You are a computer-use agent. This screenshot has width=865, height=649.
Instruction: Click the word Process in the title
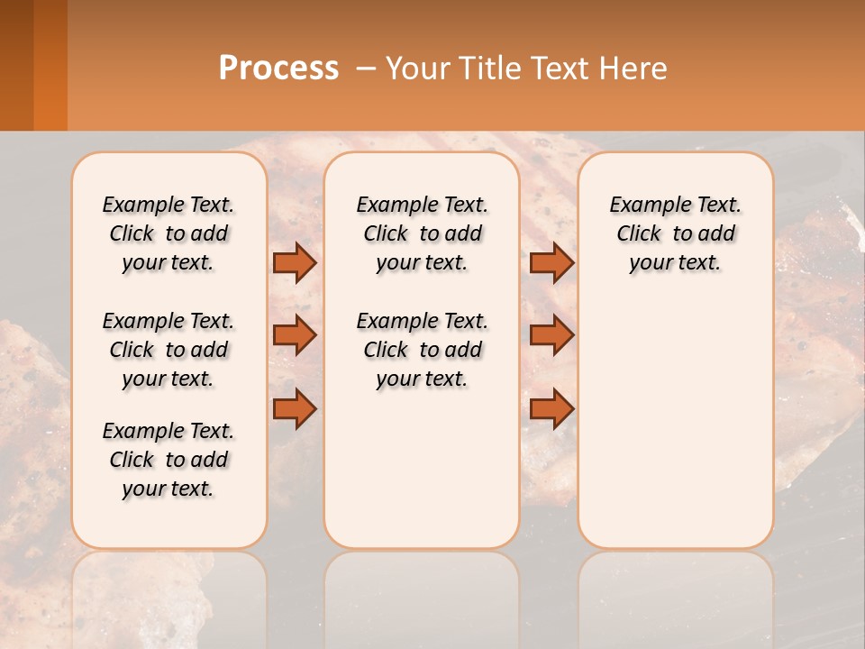point(278,69)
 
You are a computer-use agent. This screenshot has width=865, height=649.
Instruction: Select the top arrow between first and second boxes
point(295,262)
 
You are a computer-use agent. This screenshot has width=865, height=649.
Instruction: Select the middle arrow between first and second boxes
point(295,335)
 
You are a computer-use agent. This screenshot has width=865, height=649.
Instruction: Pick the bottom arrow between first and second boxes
point(295,408)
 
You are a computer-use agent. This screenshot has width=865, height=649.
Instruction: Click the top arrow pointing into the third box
point(551,262)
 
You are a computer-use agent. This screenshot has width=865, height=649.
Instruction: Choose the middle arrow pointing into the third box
point(551,335)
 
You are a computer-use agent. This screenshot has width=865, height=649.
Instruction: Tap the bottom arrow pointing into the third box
point(551,408)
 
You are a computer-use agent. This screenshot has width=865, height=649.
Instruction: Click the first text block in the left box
point(168,233)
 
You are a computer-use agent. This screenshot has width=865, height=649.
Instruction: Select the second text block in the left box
point(168,350)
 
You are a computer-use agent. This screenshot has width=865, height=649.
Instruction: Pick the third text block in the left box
point(168,460)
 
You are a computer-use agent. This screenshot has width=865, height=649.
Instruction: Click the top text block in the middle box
point(422,233)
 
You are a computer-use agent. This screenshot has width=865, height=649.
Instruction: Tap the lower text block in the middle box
point(422,350)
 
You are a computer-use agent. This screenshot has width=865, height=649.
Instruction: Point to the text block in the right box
point(675,233)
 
